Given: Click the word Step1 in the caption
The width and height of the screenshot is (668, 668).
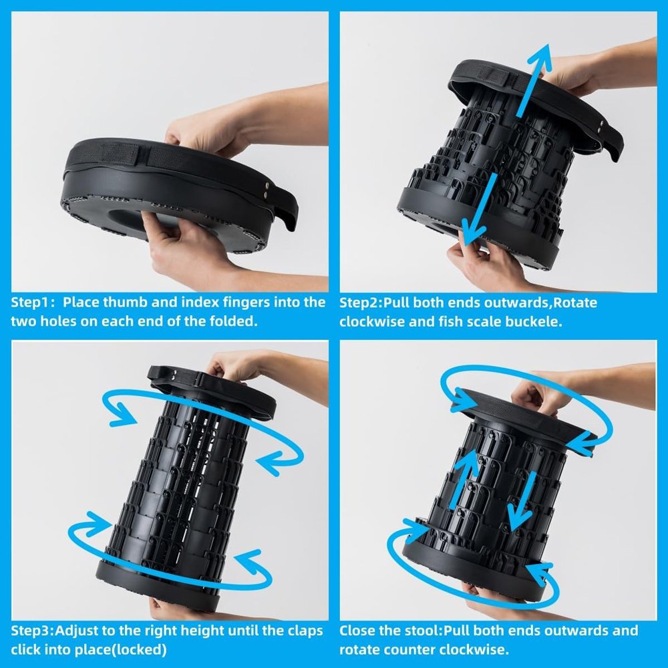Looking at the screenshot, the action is pos(29,303).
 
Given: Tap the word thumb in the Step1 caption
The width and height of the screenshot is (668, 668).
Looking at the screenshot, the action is pos(126,302).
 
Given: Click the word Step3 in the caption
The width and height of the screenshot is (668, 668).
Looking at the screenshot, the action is pos(30,631).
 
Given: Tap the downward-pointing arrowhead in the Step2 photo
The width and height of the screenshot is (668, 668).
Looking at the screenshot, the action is pos(473,232).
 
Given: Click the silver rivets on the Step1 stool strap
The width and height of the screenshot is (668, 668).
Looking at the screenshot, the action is pos(267,190).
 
